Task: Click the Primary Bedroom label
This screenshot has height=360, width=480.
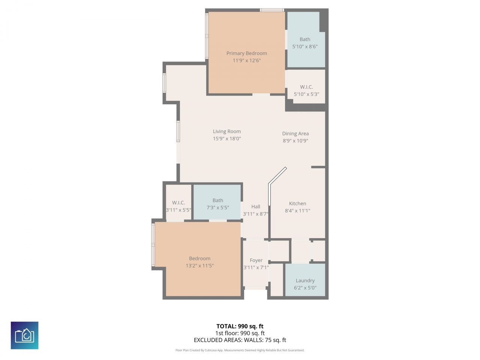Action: tap(246, 53)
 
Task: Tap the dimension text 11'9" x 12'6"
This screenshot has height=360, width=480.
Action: tap(246, 60)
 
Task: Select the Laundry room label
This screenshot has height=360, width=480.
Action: tap(305, 280)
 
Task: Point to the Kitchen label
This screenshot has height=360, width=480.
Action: tap(297, 204)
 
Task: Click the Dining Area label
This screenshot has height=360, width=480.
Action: tap(295, 133)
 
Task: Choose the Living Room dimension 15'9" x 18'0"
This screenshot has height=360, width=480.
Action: tap(227, 138)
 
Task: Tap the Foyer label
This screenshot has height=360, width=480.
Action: tap(256, 260)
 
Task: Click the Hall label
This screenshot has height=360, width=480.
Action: tap(256, 207)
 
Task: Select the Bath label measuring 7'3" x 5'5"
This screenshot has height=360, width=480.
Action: tap(217, 201)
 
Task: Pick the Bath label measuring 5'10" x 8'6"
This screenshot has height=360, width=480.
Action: tap(305, 39)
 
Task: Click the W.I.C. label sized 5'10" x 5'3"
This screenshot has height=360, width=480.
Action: tap(306, 87)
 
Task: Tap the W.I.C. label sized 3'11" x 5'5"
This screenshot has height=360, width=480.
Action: tap(178, 203)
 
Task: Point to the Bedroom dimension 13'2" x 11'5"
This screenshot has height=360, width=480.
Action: tap(199, 265)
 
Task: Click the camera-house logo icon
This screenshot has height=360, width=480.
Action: tap(24, 335)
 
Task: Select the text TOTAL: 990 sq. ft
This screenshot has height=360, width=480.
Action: tap(240, 326)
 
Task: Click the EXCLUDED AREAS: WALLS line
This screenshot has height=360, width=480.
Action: tap(240, 340)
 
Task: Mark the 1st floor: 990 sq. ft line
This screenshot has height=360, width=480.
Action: tap(240, 333)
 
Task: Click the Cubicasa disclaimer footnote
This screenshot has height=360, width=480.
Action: tap(240, 350)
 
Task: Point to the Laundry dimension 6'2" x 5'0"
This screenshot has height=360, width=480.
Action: tap(305, 288)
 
